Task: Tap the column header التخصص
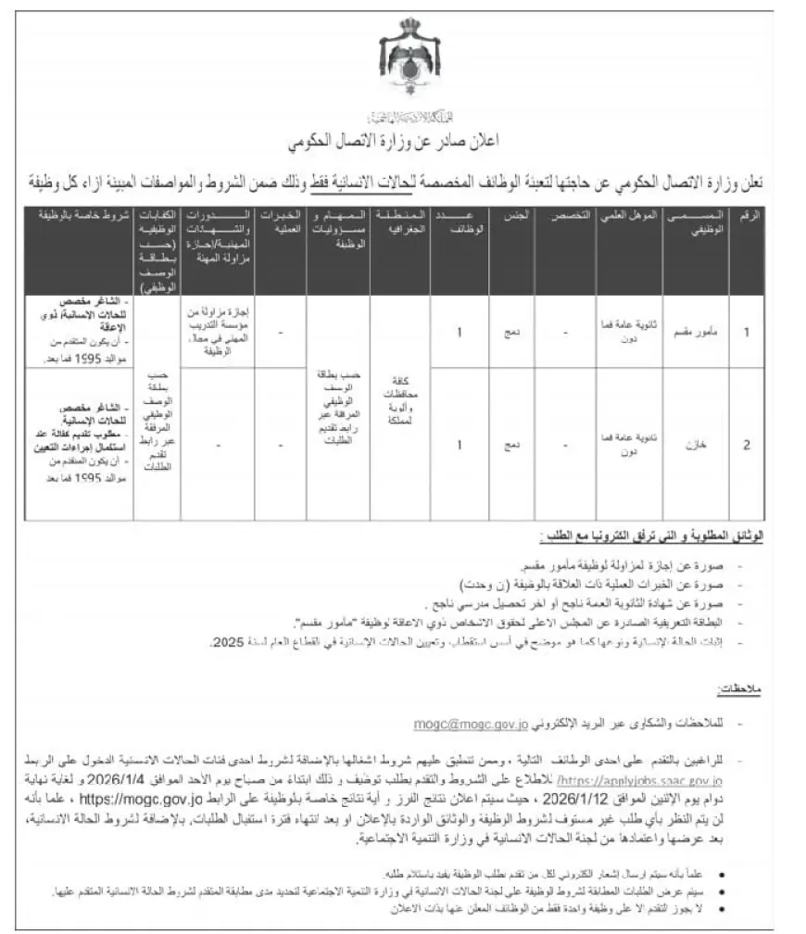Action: pyautogui.click(x=564, y=215)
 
